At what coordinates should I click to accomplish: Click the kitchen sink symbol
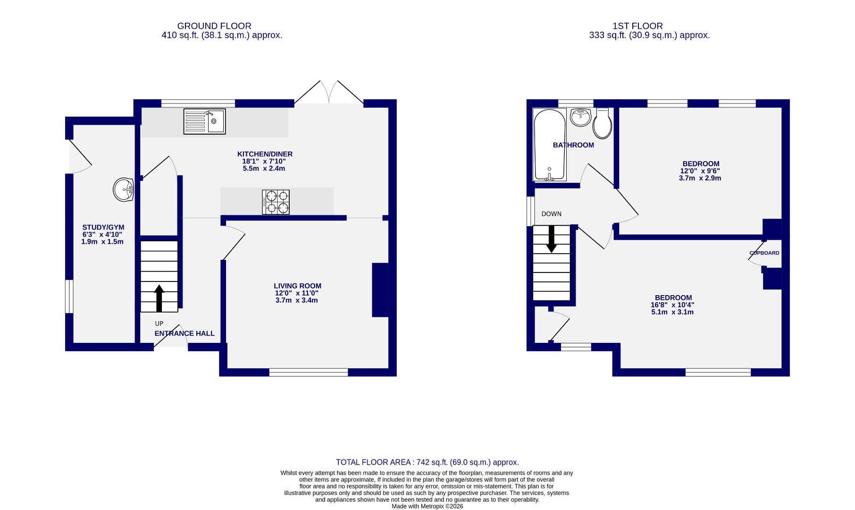point(204,121)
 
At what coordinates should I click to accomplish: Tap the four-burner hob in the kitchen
point(276,202)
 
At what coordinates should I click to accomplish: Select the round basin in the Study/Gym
point(124,190)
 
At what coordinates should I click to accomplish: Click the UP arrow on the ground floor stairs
point(159,297)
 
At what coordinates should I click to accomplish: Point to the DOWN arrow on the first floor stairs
point(551,239)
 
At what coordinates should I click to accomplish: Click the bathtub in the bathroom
point(549,144)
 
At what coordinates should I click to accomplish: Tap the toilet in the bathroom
point(603,123)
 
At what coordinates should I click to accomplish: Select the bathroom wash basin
point(580,117)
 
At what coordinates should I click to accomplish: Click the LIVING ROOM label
point(297,286)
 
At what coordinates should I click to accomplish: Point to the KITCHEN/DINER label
point(265,154)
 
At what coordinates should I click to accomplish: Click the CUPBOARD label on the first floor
point(764,253)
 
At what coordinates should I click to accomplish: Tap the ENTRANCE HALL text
point(184,333)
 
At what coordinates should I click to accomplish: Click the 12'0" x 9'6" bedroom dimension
point(700,171)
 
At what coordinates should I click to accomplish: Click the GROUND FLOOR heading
point(214,26)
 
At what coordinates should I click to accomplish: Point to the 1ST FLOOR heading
point(637,26)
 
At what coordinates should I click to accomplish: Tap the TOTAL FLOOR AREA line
point(427,462)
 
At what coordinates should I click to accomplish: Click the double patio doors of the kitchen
point(329,93)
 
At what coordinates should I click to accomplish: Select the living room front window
point(309,373)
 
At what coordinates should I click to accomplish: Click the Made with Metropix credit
point(427,506)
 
